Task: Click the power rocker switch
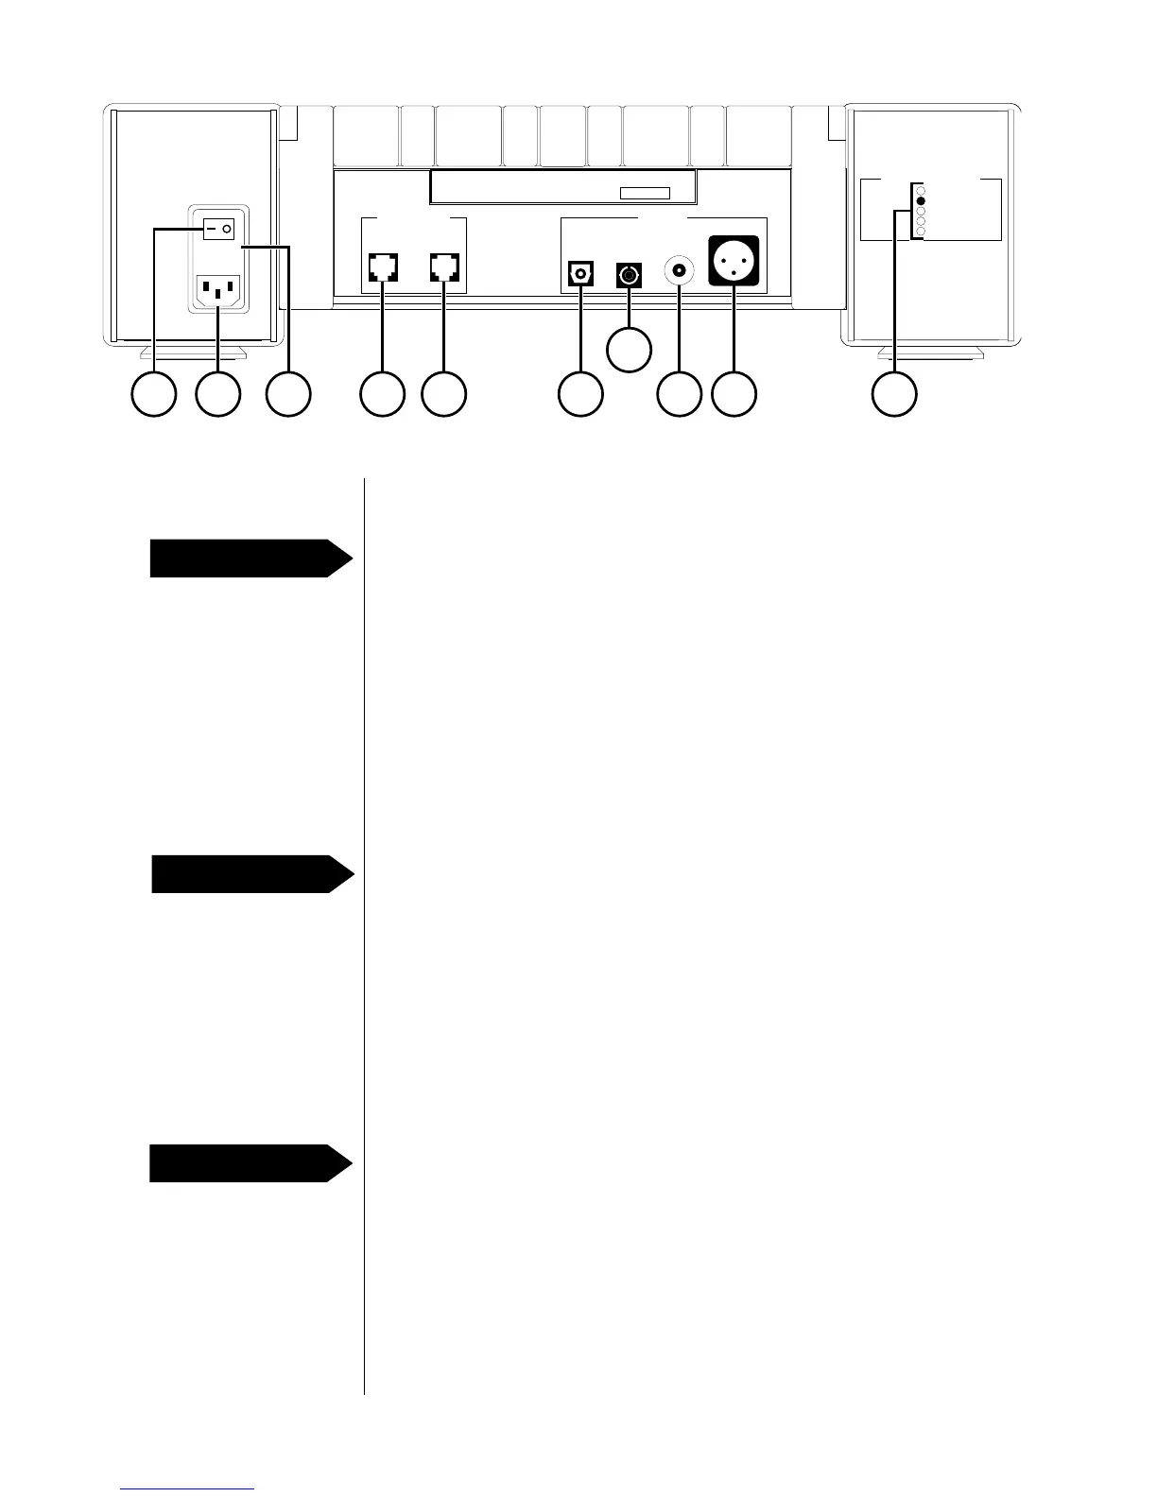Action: [x=218, y=229]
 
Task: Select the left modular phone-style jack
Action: [x=382, y=267]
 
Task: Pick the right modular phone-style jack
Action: [x=443, y=267]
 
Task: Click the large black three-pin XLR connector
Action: [x=734, y=260]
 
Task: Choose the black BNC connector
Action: [x=629, y=275]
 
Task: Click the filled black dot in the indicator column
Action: [x=921, y=201]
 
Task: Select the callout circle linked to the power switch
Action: [x=154, y=394]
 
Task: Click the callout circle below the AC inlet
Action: [x=217, y=394]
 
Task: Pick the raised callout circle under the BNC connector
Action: [x=629, y=349]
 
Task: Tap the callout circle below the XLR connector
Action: [x=734, y=394]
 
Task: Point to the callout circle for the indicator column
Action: [x=894, y=394]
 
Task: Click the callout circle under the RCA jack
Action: [x=679, y=394]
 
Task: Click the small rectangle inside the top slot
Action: [x=645, y=194]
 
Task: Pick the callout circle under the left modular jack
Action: [x=383, y=394]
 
